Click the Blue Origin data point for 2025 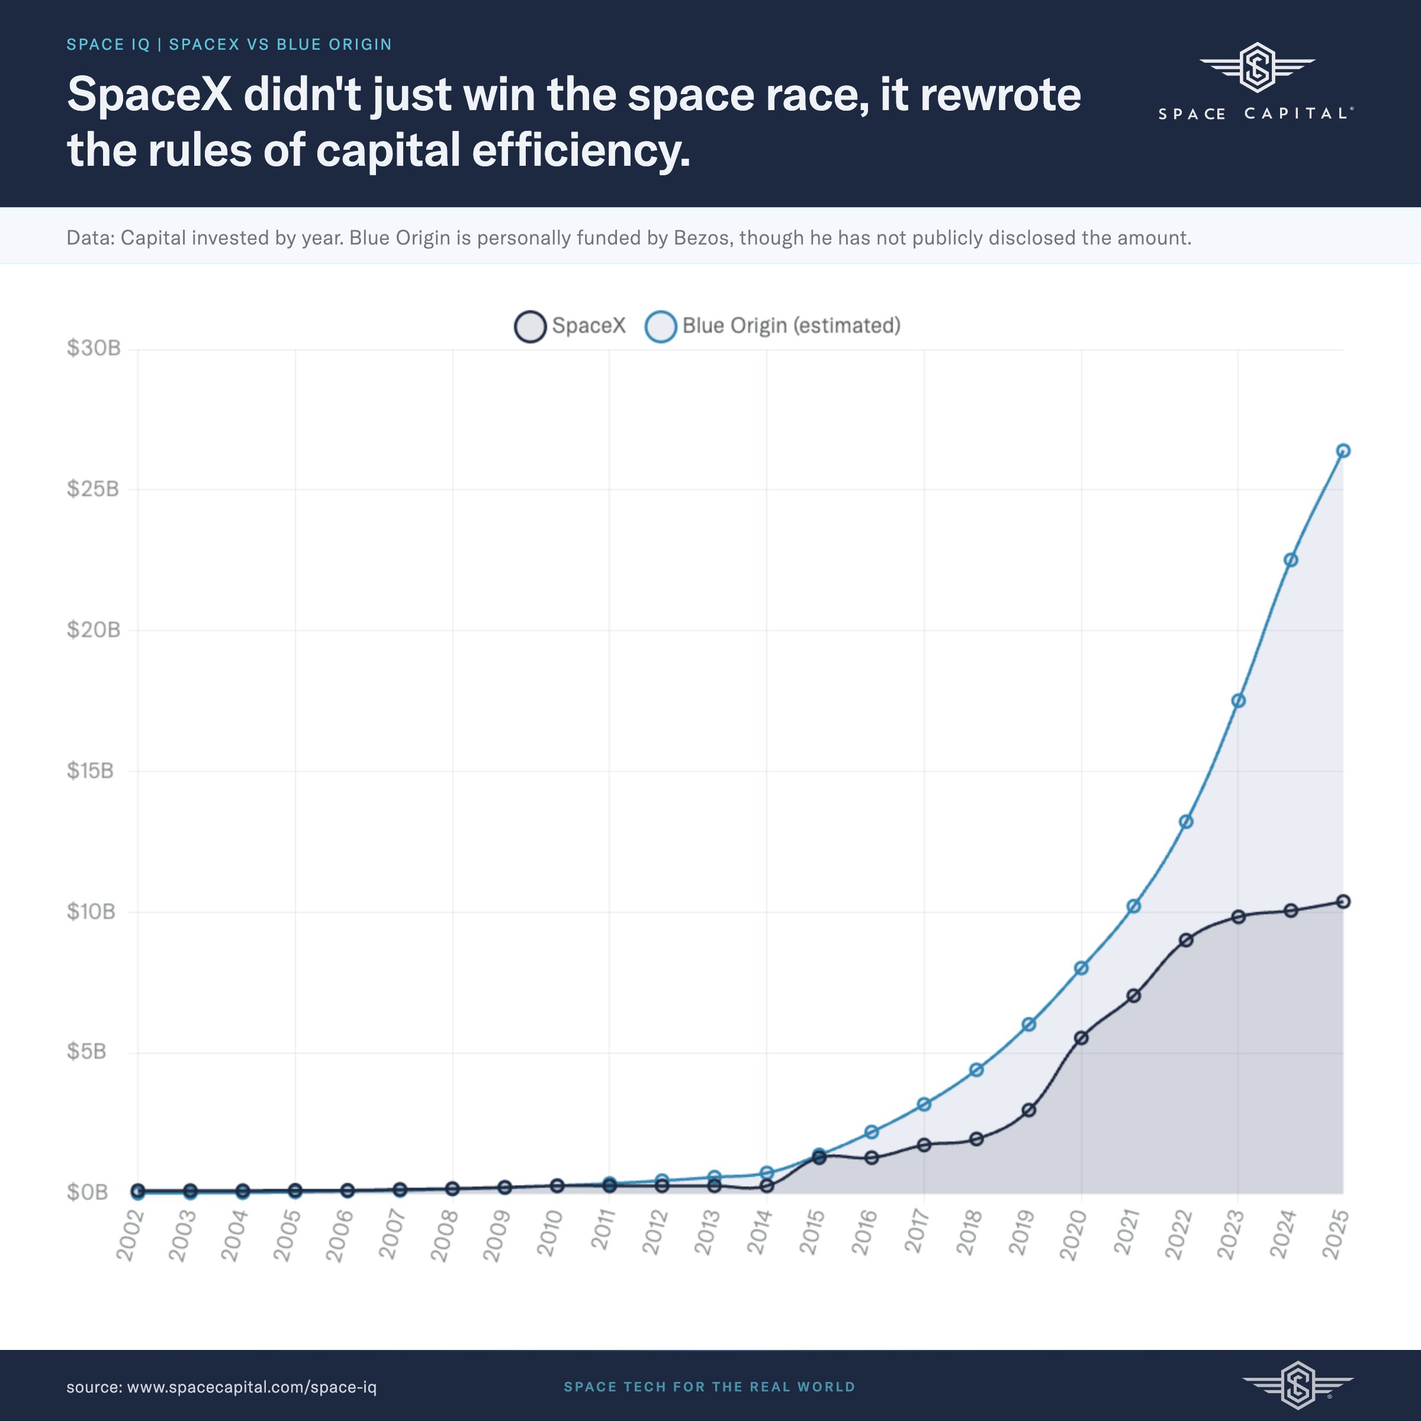click(x=1342, y=451)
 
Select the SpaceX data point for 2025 click(x=1342, y=902)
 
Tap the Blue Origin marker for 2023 click(x=1238, y=701)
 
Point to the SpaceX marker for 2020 click(x=1081, y=1038)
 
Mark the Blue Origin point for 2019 click(x=1029, y=1024)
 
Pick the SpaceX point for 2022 click(x=1185, y=940)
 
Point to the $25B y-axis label click(x=93, y=489)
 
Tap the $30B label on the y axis click(x=94, y=348)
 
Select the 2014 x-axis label click(x=760, y=1235)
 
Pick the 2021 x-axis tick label click(x=1127, y=1235)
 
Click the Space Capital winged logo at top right click(x=1256, y=67)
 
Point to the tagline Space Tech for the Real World click(x=710, y=1387)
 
